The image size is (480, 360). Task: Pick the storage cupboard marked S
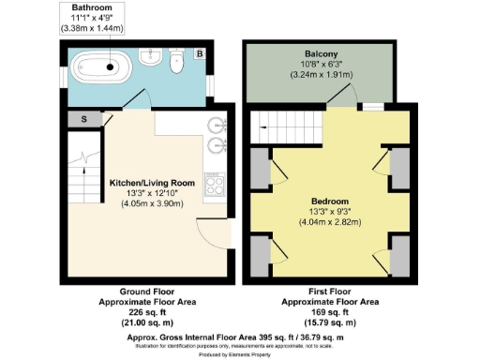[x=84, y=119]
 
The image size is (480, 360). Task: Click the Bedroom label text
[x=329, y=202]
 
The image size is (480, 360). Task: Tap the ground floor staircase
[x=85, y=170]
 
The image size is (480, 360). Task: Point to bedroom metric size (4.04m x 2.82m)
[x=329, y=222]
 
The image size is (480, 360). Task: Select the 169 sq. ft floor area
[x=330, y=313]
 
